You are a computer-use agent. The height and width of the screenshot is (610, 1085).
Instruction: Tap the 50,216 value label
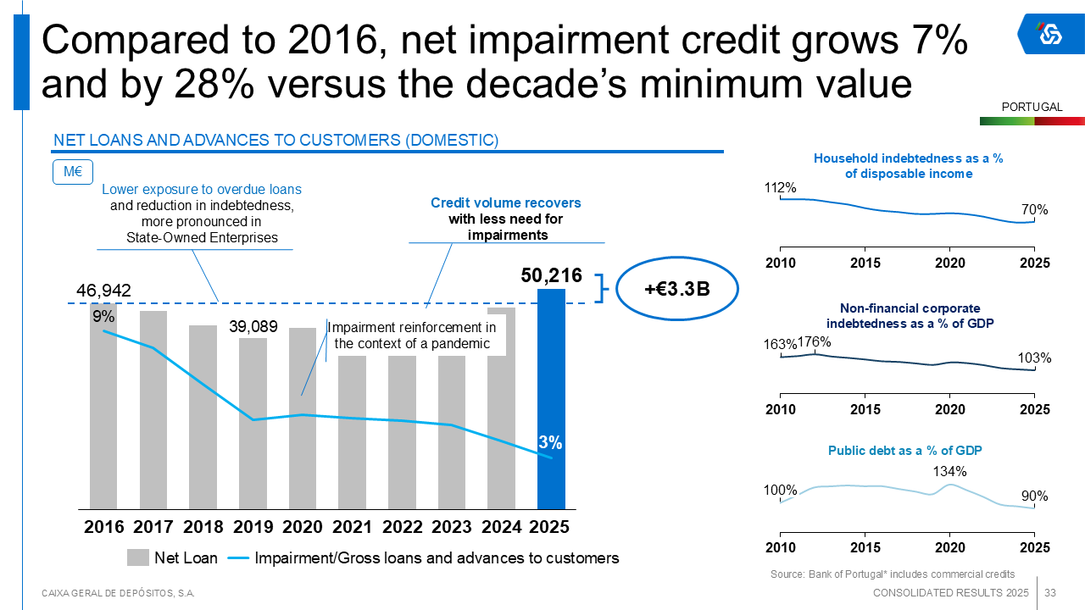coord(551,275)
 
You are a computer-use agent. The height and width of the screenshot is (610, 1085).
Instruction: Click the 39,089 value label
coord(253,326)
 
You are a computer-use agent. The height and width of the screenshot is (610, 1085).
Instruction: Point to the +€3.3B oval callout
coord(676,289)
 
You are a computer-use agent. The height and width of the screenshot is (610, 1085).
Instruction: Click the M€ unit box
coord(72,172)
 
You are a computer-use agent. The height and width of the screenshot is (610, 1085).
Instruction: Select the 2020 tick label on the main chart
coord(303,527)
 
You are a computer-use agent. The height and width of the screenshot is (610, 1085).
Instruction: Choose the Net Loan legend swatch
coord(138,557)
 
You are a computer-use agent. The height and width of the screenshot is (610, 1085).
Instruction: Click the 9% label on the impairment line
coord(103,316)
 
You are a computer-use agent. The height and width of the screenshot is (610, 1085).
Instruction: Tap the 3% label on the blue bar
coord(550,441)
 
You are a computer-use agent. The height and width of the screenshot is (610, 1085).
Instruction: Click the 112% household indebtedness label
coord(781,187)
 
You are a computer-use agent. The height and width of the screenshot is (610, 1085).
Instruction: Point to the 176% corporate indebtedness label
coord(815,342)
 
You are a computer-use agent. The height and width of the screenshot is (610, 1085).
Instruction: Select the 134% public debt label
coord(949,471)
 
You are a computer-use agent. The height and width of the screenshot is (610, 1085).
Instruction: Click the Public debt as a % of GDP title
coord(904,450)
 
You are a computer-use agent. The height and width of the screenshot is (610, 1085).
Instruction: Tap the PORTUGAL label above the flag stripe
coord(1032,107)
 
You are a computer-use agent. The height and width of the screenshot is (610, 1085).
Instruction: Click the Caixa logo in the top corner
coord(1050,33)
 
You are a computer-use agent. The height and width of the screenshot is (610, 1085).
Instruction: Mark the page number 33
coord(1050,592)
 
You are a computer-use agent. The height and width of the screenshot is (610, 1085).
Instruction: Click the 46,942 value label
coord(103,291)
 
